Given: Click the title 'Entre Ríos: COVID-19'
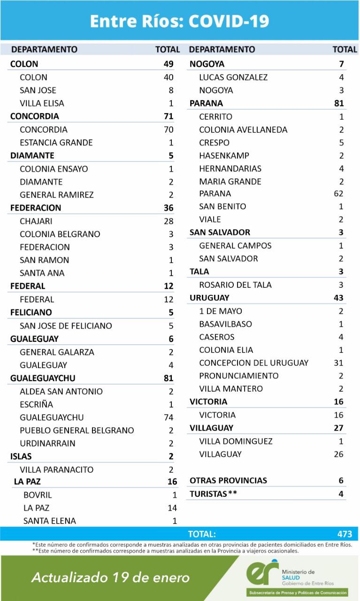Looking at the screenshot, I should [180, 21].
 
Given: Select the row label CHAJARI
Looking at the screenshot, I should [36, 221].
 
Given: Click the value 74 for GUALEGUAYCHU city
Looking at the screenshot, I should [169, 417].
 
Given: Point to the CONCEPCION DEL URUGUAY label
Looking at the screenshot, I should [253, 363].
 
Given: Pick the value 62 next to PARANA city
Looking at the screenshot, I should [338, 193].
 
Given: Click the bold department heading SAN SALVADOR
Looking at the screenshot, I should [220, 232].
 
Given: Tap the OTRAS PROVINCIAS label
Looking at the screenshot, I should [228, 480].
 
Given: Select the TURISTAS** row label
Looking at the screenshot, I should [213, 494].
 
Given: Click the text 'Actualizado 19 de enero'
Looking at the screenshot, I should [111, 578].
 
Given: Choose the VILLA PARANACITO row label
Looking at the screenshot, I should [56, 470].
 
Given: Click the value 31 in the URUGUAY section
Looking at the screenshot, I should [338, 363].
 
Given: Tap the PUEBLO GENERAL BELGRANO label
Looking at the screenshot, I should [77, 431].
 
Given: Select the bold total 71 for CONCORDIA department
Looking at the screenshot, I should [169, 116].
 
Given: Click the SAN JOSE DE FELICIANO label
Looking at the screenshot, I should [66, 326].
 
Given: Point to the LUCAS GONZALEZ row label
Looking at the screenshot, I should [233, 77].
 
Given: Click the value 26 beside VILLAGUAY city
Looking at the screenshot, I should [338, 454].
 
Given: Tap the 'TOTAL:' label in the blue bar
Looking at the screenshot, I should [202, 534].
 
